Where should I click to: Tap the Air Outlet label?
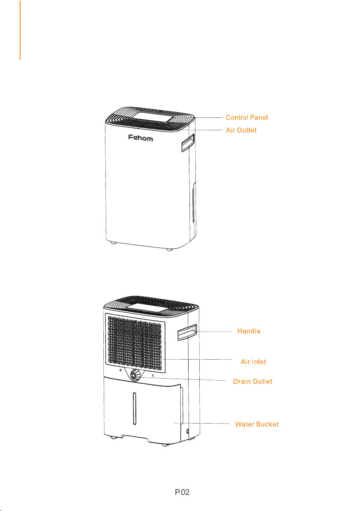point(241,130)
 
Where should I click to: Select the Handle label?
point(249,331)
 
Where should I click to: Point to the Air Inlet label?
point(253,362)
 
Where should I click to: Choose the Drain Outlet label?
point(252,381)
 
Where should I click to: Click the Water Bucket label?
point(257,424)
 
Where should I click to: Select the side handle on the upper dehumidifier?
point(187,142)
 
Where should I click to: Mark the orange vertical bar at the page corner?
point(20,30)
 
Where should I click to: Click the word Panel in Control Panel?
point(261,117)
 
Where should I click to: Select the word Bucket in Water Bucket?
point(268,424)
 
